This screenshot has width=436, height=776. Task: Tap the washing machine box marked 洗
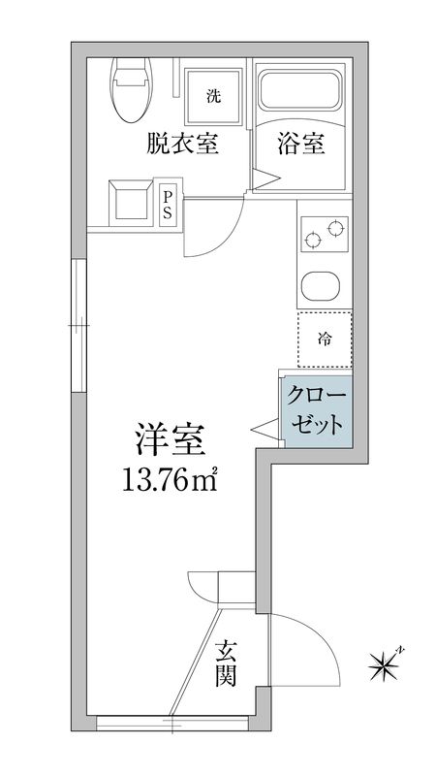(211, 94)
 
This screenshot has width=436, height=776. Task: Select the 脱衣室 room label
(182, 145)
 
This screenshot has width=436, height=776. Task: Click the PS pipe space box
(168, 205)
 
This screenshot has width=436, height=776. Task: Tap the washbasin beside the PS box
(129, 201)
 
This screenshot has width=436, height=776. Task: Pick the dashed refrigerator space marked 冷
(324, 339)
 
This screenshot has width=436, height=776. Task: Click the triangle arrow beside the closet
(264, 427)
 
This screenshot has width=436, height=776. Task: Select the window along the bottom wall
(171, 722)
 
